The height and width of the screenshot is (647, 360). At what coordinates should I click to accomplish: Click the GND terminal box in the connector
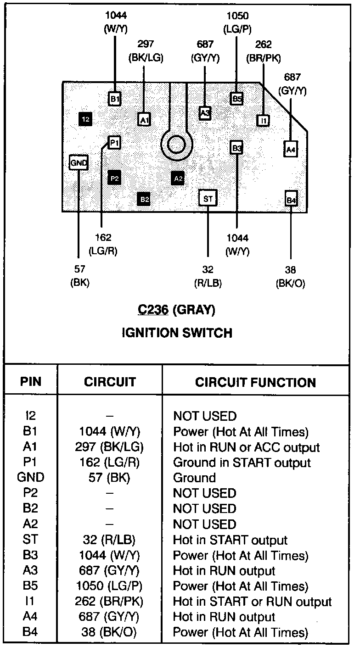pos(79,162)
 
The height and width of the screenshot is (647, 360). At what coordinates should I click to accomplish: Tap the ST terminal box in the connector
pos(208,198)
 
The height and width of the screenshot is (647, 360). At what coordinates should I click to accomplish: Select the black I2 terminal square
pos(85,119)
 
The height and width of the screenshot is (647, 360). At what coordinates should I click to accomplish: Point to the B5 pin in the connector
pos(236,98)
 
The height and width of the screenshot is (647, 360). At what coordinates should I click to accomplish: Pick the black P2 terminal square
pos(114,177)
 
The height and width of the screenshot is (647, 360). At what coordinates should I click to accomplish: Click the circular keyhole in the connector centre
pos(176,145)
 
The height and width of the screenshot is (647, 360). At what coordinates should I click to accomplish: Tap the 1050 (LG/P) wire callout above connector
pos(237,23)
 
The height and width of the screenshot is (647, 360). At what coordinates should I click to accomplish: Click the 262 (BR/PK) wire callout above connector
pos(264,51)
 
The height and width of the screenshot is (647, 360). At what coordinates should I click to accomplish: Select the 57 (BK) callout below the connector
pos(79,276)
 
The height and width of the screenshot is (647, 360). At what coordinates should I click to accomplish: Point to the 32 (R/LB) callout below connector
pos(208,276)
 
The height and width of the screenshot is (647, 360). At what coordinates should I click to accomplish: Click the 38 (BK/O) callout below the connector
pos(290,276)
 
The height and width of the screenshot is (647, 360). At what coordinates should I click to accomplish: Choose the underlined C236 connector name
pos(153,310)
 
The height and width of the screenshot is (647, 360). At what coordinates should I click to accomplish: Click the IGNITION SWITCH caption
pos(177,333)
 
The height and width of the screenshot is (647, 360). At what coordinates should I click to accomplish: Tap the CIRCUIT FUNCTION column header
pos(255,382)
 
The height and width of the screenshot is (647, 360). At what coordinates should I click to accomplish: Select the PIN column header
pos(31,382)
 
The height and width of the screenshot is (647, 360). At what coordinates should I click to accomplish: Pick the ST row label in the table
pos(31,540)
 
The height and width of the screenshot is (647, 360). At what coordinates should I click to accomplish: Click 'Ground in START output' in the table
pos(242,463)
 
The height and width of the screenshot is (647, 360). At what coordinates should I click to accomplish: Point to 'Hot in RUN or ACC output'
pos(246,447)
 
